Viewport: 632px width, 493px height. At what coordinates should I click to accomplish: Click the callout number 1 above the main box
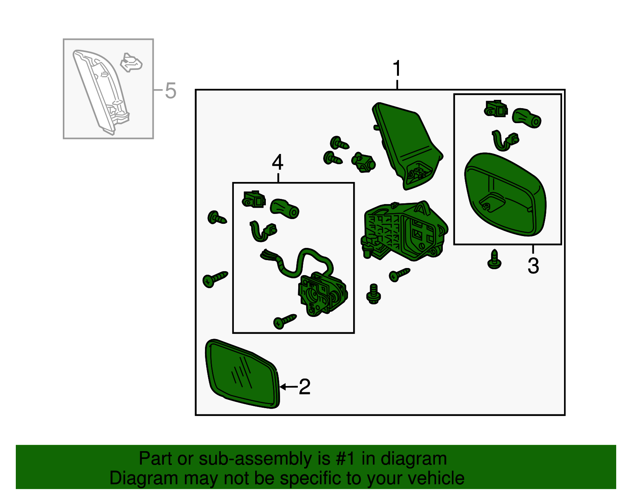(x=397, y=68)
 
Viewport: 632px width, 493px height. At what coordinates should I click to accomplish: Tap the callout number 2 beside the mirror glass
(x=305, y=386)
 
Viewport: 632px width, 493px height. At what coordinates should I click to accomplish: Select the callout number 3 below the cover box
(x=533, y=266)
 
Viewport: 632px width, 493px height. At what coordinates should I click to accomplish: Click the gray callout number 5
(x=171, y=91)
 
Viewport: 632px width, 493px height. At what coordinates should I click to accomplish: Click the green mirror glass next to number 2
(x=242, y=374)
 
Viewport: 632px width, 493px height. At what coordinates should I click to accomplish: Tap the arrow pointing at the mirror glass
(x=289, y=387)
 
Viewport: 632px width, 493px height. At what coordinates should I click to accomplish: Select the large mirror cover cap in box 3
(x=506, y=194)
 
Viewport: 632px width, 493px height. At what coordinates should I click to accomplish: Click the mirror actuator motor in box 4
(x=322, y=294)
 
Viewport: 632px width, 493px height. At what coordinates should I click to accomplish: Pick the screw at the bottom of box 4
(x=285, y=321)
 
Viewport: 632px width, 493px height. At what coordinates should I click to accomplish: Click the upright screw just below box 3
(x=494, y=259)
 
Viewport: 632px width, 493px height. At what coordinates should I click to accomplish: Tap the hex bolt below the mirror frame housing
(x=373, y=294)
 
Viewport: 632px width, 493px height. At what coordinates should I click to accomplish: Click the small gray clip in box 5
(x=131, y=62)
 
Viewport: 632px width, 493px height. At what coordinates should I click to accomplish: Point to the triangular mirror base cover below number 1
(x=407, y=146)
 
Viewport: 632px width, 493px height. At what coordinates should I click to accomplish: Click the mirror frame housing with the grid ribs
(x=404, y=231)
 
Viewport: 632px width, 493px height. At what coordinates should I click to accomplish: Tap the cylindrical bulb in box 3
(x=527, y=118)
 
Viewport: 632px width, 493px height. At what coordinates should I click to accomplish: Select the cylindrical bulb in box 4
(x=284, y=208)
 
